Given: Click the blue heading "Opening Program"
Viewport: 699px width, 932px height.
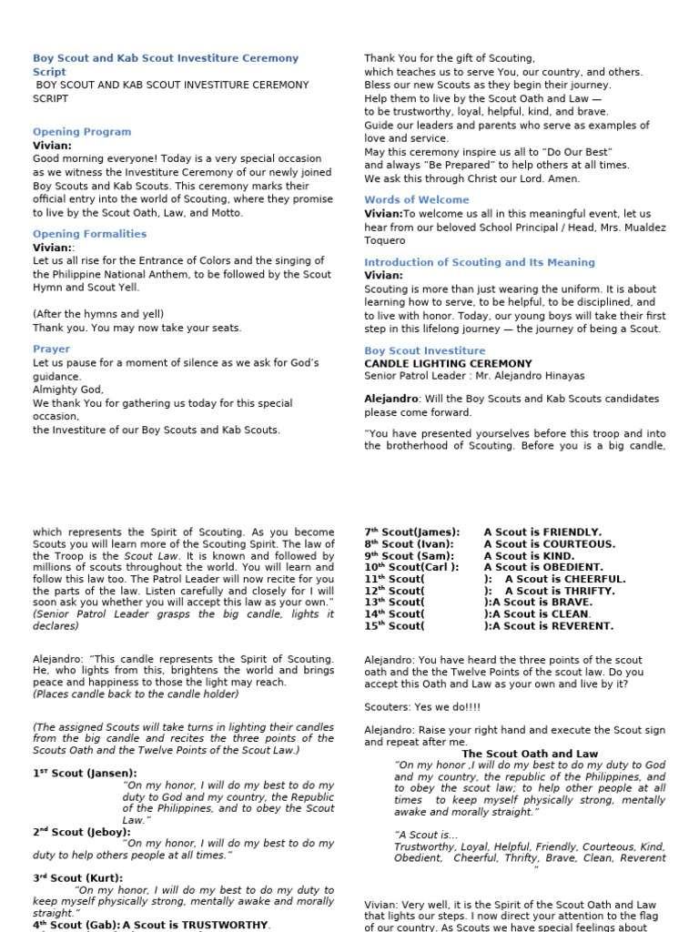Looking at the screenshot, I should [x=82, y=132].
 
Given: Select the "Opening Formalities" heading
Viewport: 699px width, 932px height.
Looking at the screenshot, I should [x=88, y=234].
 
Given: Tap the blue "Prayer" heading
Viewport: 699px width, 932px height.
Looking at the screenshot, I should [x=51, y=349].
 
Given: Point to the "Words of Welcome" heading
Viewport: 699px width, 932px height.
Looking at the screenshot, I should [x=417, y=199].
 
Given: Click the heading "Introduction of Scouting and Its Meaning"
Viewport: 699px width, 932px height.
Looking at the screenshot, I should [x=479, y=262].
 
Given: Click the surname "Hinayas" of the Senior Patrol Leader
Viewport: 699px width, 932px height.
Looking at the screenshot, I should [x=560, y=376].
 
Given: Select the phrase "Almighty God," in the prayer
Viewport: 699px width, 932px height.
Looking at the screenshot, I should [x=68, y=390].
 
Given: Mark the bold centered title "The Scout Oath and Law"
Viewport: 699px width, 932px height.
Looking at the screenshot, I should [x=530, y=754].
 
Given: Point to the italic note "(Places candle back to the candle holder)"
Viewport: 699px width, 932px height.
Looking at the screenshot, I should [x=136, y=694].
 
